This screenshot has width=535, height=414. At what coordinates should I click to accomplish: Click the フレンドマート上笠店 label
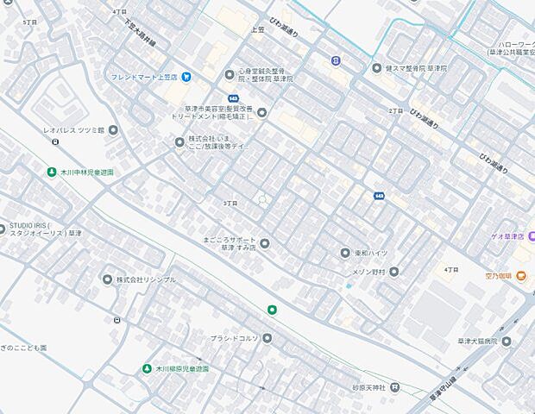143,77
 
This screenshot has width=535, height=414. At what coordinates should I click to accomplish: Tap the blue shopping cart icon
187,77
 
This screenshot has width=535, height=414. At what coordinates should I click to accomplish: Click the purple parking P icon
336,60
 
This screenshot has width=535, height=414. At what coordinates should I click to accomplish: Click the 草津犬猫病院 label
477,342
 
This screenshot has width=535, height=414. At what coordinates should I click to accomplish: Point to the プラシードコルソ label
235,338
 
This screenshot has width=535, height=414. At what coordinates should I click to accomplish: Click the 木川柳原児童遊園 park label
182,368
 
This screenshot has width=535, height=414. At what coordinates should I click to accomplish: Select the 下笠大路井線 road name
139,31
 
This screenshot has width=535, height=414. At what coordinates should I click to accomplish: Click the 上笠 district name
257,29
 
